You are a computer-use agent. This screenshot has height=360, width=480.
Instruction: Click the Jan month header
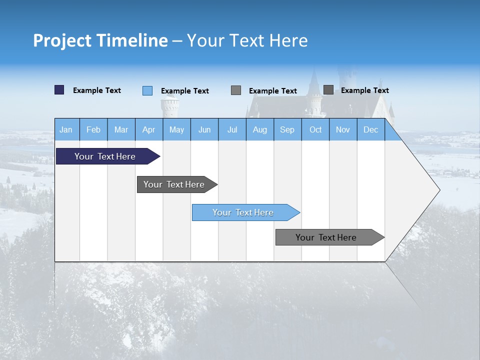coord(66,130)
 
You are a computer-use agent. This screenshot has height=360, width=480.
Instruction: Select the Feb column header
coord(93,130)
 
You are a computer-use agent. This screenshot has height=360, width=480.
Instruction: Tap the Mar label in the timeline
coord(121,130)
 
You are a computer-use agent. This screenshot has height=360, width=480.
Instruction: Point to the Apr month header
coord(148,130)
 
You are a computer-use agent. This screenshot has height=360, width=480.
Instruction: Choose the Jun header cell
coord(204,130)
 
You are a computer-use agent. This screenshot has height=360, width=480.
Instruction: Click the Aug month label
coord(259,130)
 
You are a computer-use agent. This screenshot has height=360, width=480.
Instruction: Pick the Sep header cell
coord(287,130)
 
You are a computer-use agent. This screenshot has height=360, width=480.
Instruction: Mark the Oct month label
coord(315,130)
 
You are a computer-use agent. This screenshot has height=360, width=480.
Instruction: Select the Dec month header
coord(370,130)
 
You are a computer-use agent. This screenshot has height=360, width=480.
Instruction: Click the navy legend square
coord(59,90)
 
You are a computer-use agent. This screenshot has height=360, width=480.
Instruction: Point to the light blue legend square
coord(147,90)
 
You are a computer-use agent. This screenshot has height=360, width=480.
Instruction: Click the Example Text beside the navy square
coord(97,90)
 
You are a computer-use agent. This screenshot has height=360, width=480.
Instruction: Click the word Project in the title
coord(62,40)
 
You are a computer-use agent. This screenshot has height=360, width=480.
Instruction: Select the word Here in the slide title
coord(288,40)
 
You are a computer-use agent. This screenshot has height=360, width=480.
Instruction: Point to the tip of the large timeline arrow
coord(439,190)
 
